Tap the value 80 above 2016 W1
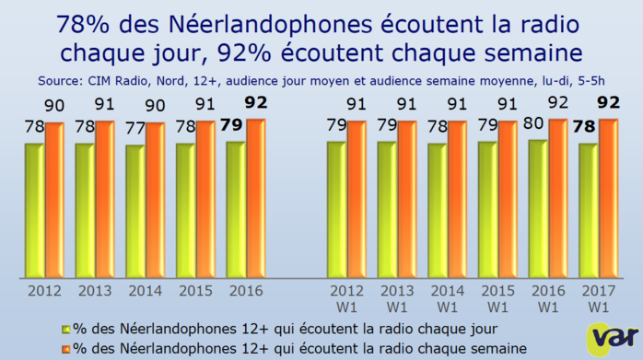point(535,130)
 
